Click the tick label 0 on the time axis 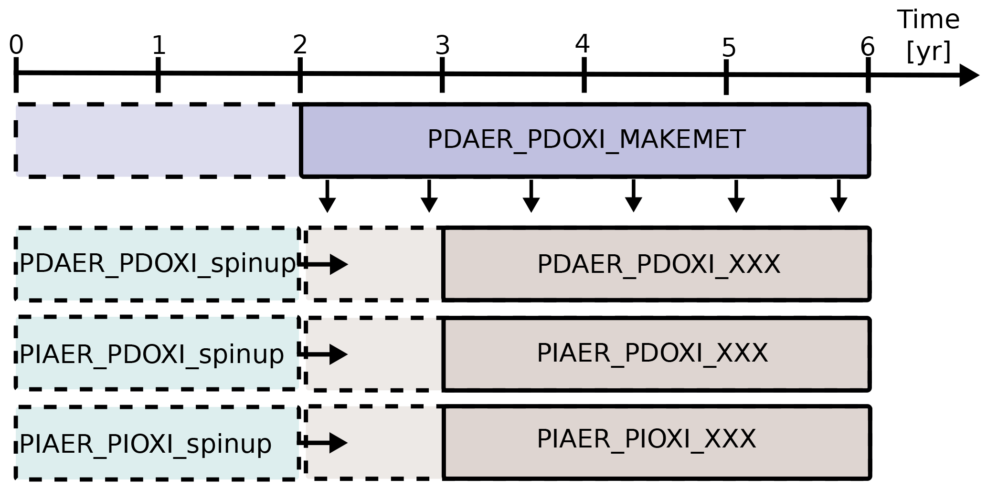(x=16, y=46)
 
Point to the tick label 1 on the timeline (x=159, y=46)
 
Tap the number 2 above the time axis (x=300, y=45)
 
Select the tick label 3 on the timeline (x=443, y=46)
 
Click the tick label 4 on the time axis (x=583, y=44)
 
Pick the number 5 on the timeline (x=729, y=48)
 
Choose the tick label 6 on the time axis (x=868, y=47)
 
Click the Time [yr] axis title (x=929, y=35)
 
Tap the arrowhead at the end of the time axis (x=969, y=75)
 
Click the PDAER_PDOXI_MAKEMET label (x=586, y=140)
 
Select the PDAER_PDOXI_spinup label (x=158, y=263)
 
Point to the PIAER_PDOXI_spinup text (x=152, y=354)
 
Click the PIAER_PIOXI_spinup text (x=146, y=444)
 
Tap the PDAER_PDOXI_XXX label (x=659, y=264)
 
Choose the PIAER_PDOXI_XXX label (x=652, y=353)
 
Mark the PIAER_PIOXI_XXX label (x=647, y=439)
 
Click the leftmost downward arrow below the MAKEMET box (x=327, y=196)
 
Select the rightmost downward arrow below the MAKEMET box (x=839, y=196)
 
